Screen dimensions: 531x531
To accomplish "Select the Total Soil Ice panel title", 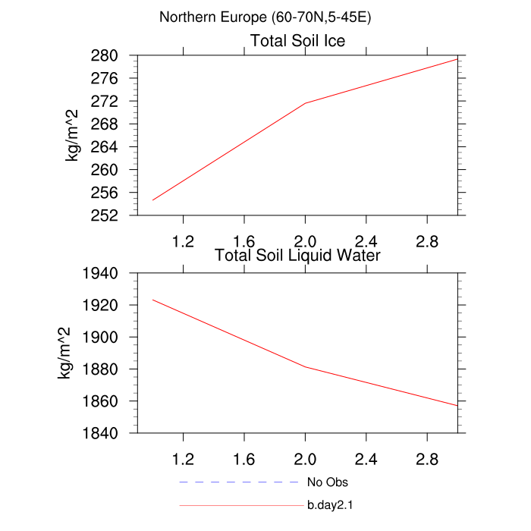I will point(297,41).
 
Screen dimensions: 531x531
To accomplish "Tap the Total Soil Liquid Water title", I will point(297,256).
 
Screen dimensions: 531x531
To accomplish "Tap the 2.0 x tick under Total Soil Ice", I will point(305,241).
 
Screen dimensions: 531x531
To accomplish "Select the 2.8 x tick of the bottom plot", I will point(427,459).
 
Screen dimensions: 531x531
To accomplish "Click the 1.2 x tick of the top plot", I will point(183,241).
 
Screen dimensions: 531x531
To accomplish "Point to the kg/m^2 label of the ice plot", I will point(74,135).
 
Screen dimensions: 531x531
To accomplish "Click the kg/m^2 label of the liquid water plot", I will point(66,353).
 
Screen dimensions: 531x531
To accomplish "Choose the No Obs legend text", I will point(328,482).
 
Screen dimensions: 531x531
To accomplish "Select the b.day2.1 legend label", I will point(331,505).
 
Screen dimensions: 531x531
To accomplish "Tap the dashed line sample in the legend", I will point(240,482).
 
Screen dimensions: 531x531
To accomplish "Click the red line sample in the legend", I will point(240,505).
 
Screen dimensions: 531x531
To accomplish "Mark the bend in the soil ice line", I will point(305,103).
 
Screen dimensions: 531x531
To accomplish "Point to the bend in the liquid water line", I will point(305,367).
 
